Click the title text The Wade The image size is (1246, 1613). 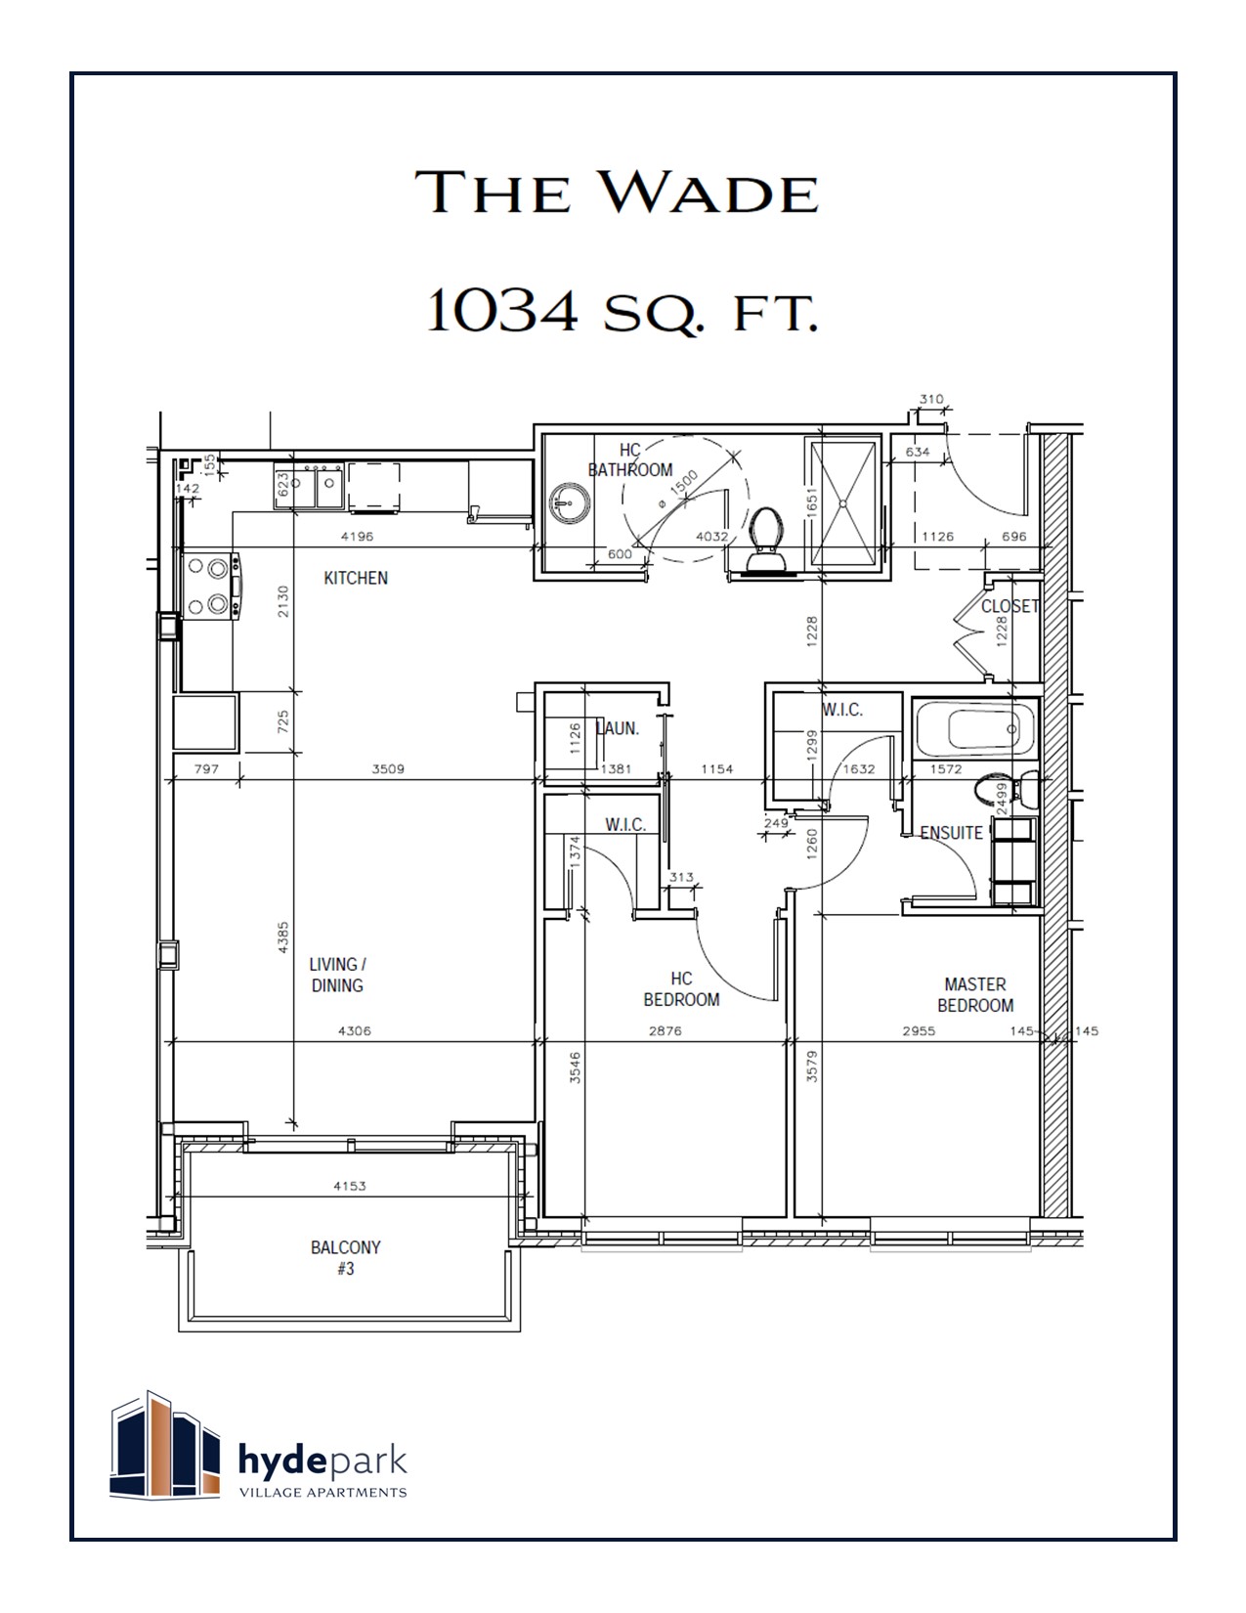click(x=618, y=192)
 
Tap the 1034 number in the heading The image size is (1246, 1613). click(x=501, y=312)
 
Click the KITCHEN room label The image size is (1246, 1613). click(x=356, y=578)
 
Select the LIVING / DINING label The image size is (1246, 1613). click(x=337, y=975)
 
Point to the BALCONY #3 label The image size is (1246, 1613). click(x=345, y=1258)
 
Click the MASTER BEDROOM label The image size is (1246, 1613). click(x=975, y=995)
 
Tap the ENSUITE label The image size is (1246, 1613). click(x=952, y=833)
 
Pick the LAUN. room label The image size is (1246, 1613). click(x=618, y=728)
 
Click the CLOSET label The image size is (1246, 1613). click(x=1010, y=606)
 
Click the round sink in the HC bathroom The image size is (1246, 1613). click(x=570, y=504)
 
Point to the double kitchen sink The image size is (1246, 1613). click(x=316, y=486)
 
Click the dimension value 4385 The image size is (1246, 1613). click(x=283, y=937)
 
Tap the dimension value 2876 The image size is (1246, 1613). click(x=665, y=1030)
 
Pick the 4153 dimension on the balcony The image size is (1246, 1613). click(x=349, y=1186)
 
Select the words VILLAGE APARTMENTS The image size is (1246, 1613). click(x=323, y=1492)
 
